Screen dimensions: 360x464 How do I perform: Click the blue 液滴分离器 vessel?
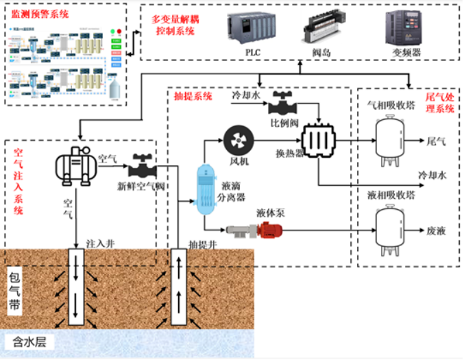point(204,189)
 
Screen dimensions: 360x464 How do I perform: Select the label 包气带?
point(14,291)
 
